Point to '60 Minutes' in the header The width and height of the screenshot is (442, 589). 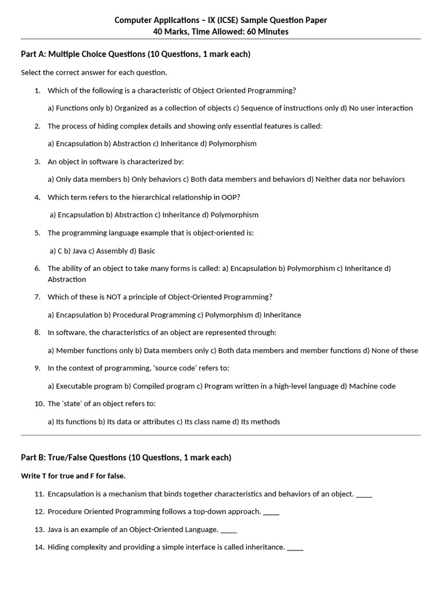pyautogui.click(x=267, y=32)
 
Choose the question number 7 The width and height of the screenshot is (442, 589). pyautogui.click(x=37, y=297)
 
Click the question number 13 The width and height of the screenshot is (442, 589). pyautogui.click(x=39, y=529)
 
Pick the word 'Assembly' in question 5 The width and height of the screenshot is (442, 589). pyautogui.click(x=112, y=251)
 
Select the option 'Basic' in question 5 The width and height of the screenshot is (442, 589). pyautogui.click(x=146, y=251)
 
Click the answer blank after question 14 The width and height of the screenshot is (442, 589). pyautogui.click(x=295, y=548)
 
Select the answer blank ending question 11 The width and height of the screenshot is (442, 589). pyautogui.click(x=364, y=494)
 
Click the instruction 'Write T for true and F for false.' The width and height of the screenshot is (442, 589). pyautogui.click(x=73, y=476)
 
